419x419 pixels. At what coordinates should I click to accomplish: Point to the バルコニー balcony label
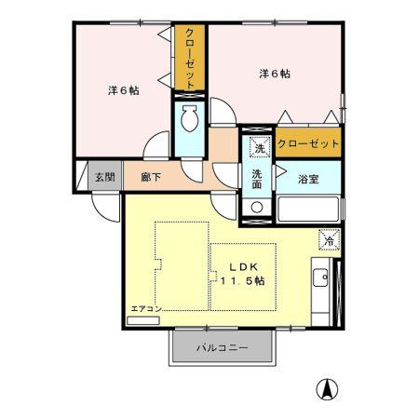click(222, 348)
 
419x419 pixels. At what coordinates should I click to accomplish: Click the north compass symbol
click(328, 389)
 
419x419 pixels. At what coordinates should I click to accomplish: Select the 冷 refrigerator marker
click(328, 239)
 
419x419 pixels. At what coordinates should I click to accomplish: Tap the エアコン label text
click(146, 308)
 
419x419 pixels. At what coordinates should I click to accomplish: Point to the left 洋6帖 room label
click(123, 90)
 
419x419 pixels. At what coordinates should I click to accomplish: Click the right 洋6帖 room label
click(271, 74)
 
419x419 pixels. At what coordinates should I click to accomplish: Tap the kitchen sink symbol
click(319, 277)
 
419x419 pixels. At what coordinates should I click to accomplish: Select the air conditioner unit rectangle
click(144, 318)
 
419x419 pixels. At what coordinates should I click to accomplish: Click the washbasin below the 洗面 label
click(257, 207)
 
